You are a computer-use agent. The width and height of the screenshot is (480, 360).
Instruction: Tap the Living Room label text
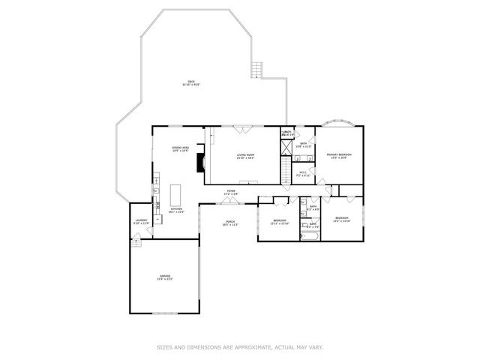tap(245, 156)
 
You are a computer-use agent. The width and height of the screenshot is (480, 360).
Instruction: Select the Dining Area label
tap(179, 149)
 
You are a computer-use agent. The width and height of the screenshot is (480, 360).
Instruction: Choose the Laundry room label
tap(141, 222)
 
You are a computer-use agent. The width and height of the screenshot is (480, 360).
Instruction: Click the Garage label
tap(164, 277)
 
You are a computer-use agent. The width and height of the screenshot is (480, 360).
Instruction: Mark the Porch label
tap(230, 223)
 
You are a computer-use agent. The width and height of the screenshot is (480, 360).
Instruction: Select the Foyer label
tap(232, 192)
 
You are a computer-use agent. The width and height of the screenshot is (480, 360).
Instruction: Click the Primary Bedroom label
tap(339, 156)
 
